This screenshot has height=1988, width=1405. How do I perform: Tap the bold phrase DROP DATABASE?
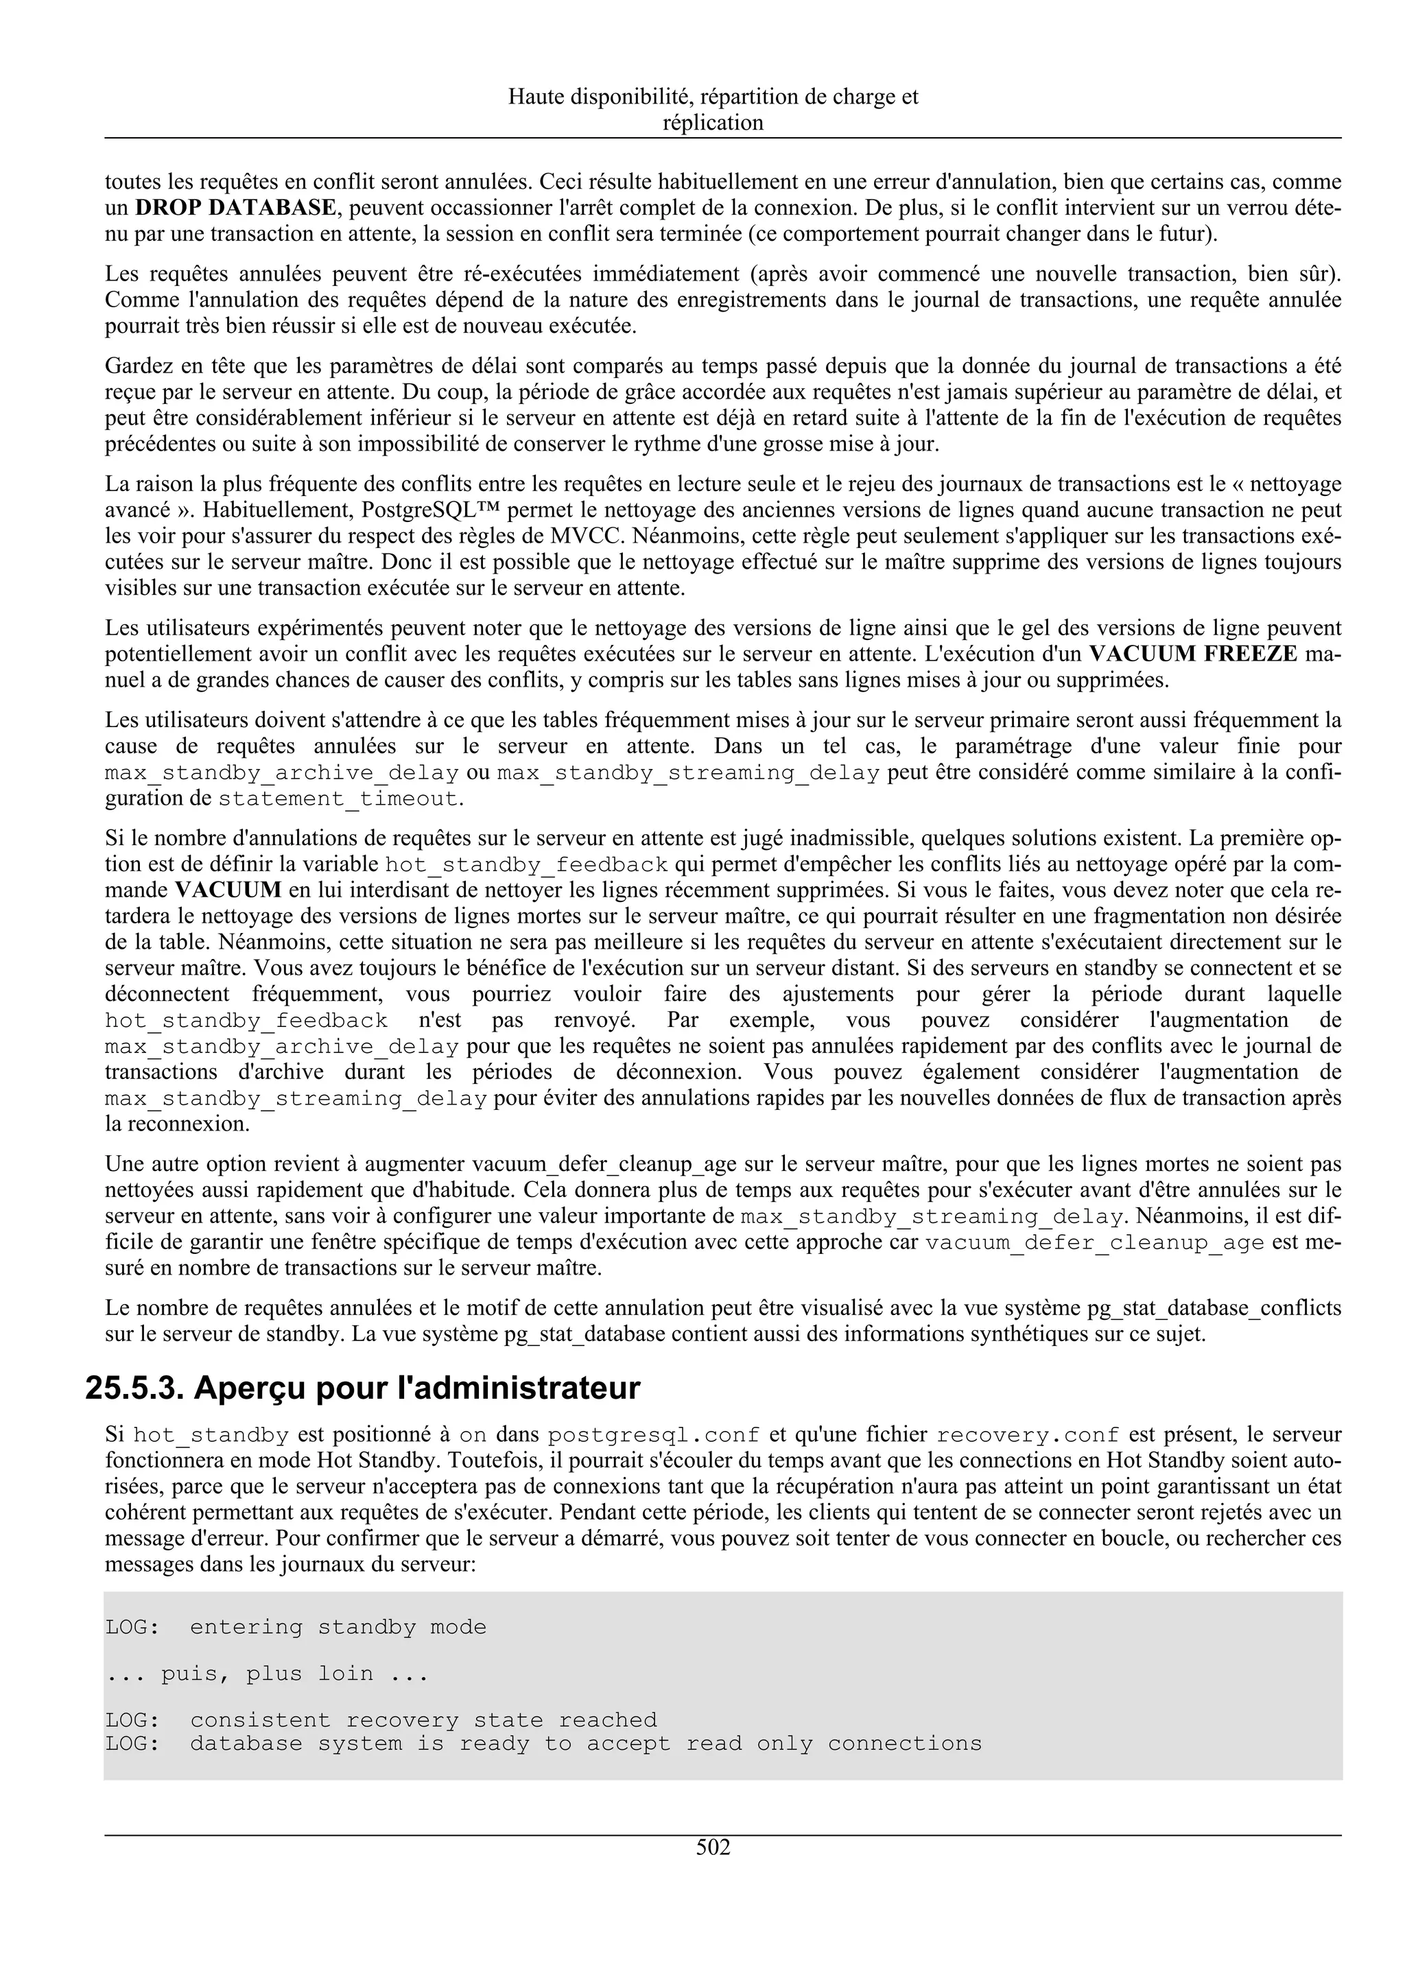[235, 208]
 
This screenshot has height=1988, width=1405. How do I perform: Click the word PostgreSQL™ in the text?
[423, 510]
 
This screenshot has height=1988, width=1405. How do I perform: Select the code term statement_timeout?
[338, 798]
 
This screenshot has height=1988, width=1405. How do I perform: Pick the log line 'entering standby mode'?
[296, 1628]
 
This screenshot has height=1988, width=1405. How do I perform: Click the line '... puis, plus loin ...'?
[267, 1674]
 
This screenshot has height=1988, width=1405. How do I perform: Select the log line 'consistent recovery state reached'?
[381, 1720]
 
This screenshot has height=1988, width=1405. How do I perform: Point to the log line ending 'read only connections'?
[543, 1743]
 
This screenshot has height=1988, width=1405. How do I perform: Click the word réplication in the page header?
[713, 123]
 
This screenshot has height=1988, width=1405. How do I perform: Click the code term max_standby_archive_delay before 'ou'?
[281, 772]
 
